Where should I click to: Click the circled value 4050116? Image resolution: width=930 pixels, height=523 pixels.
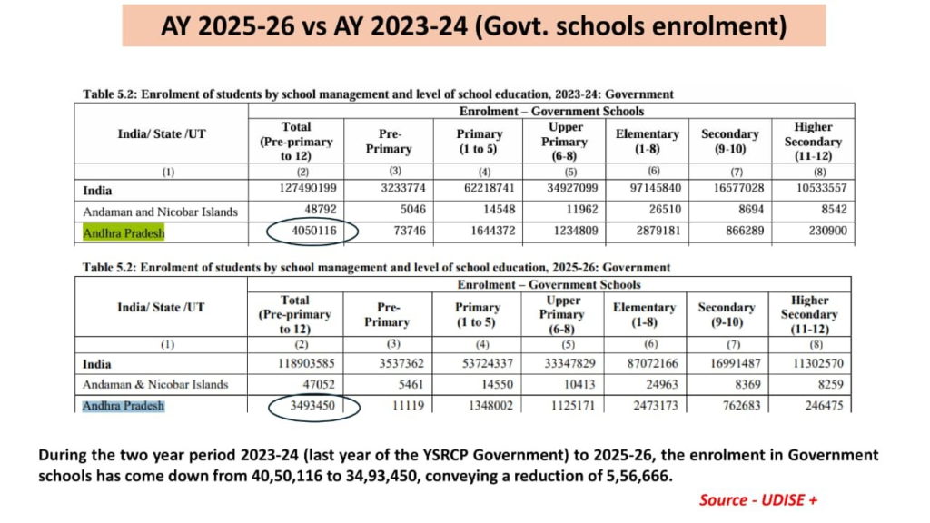click(x=313, y=231)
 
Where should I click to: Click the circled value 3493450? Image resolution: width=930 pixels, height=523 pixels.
click(x=312, y=406)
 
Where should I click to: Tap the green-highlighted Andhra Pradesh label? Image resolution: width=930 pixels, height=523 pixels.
click(x=124, y=233)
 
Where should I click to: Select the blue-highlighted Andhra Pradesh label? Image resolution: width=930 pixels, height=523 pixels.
click(x=124, y=406)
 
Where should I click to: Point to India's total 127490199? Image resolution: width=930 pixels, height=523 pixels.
click(x=307, y=188)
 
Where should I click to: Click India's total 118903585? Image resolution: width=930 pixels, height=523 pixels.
click(x=306, y=363)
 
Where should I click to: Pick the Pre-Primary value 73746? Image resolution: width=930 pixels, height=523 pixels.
click(x=409, y=231)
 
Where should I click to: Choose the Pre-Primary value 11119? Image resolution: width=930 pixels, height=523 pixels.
click(x=408, y=406)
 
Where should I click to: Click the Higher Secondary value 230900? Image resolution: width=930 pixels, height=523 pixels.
click(x=827, y=231)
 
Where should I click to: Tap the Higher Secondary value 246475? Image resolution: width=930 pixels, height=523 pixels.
click(x=824, y=406)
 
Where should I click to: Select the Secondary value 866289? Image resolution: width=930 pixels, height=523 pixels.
click(x=745, y=231)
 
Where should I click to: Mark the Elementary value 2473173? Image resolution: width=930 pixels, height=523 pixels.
click(x=655, y=406)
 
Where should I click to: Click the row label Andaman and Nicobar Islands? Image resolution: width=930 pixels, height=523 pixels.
click(x=160, y=212)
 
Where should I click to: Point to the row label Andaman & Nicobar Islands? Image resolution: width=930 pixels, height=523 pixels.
click(x=155, y=384)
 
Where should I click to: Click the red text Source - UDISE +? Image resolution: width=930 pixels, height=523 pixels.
click(x=758, y=500)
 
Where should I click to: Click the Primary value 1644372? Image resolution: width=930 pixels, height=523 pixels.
click(x=493, y=231)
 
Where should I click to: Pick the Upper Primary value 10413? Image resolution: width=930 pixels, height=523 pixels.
click(x=579, y=384)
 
